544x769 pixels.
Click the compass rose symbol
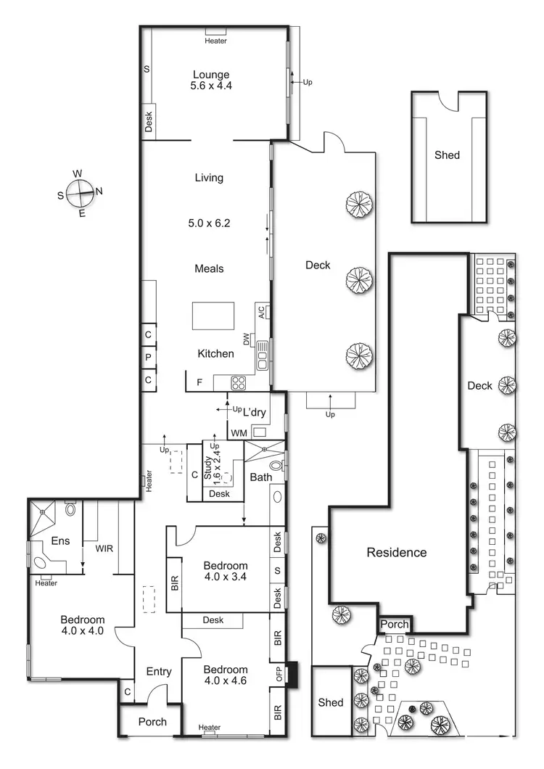click(x=79, y=194)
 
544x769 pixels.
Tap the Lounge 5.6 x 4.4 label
click(x=211, y=80)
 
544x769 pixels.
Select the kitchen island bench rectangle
click(x=213, y=316)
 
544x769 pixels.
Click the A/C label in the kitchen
click(x=261, y=313)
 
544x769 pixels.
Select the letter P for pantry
click(x=148, y=357)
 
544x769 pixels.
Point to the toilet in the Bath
click(x=276, y=466)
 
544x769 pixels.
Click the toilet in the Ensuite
click(x=70, y=510)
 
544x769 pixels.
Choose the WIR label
click(x=104, y=549)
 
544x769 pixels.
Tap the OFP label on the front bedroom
click(x=279, y=674)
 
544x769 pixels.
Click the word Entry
click(x=159, y=672)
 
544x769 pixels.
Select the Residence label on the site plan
click(x=397, y=552)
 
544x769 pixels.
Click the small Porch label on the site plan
click(x=395, y=625)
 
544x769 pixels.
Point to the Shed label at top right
click(x=447, y=155)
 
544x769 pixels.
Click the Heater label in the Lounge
click(x=215, y=41)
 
